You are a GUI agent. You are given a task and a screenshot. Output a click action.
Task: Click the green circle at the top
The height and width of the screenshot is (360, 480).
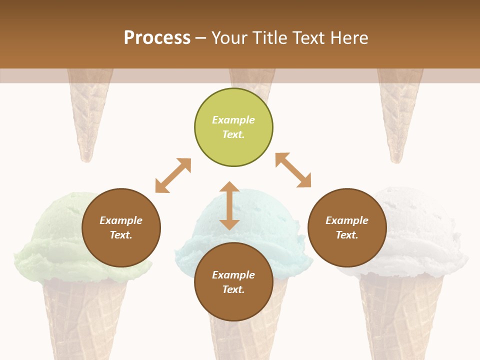[233, 127]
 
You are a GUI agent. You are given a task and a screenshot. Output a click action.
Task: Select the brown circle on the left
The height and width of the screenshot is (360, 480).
[121, 227]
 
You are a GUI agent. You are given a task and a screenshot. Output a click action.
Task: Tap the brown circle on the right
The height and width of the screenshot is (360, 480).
[347, 227]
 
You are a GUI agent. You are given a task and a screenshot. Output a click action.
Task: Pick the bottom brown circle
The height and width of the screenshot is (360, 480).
[233, 282]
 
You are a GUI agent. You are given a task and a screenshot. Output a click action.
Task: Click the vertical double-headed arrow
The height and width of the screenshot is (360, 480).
[229, 205]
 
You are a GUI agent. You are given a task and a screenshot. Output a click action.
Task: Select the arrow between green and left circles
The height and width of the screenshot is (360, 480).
[173, 175]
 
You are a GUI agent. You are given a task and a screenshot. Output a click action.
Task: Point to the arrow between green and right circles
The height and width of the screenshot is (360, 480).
[293, 170]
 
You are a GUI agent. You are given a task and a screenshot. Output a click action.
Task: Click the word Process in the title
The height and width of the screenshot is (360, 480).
[157, 38]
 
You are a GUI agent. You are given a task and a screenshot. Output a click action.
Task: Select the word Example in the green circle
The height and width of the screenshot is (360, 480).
[233, 120]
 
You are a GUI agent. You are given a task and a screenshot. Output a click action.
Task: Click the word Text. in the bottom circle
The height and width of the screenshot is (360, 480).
[233, 289]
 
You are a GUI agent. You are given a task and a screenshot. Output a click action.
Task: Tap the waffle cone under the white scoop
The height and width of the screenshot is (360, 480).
[400, 315]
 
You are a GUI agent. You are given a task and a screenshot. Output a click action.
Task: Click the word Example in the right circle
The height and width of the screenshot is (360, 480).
[347, 220]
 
